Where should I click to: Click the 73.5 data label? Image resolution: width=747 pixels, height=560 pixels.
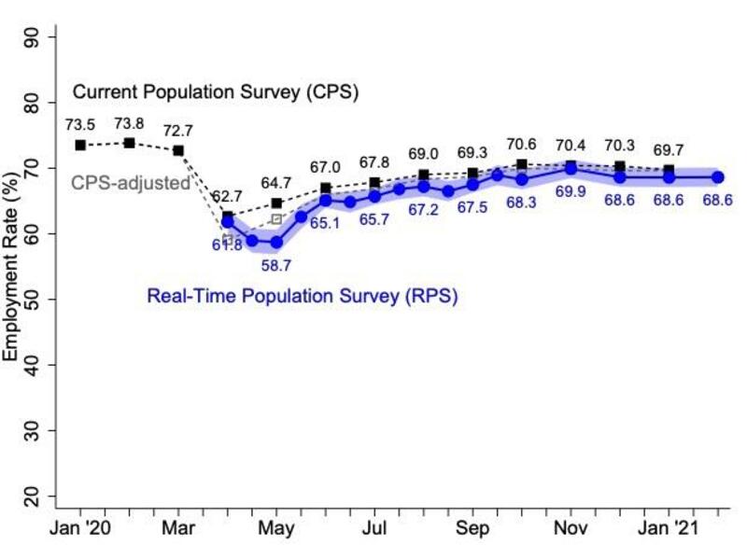point(80,124)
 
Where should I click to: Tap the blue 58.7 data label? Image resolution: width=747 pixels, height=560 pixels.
point(276,266)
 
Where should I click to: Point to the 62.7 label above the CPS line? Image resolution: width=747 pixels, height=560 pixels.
point(226,196)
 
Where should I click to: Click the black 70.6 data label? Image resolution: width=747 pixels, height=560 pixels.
point(521,144)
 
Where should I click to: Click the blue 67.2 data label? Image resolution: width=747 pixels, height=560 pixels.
point(423,210)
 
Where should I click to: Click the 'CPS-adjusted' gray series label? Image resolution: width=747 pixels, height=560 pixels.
point(131,183)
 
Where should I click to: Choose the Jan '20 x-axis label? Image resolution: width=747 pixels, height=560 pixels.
point(80,529)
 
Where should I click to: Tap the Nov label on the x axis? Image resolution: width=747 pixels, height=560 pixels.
point(571,529)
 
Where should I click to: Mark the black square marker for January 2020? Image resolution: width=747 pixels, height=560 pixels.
point(80,145)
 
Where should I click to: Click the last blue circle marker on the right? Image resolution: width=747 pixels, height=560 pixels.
point(718,176)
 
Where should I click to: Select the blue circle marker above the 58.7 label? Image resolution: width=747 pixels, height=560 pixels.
point(276,242)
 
